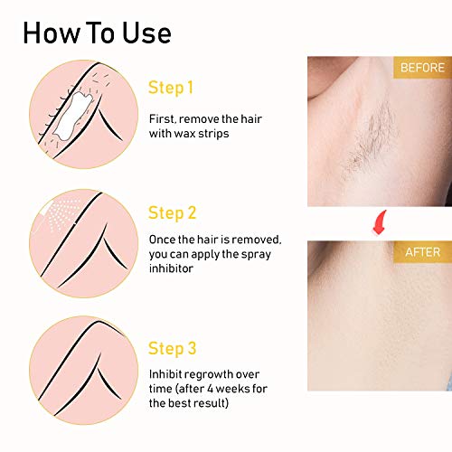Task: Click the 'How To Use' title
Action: point(97,33)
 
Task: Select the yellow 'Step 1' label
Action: point(171,88)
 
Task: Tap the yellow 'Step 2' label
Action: point(172,214)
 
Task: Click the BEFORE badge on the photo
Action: point(420,69)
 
